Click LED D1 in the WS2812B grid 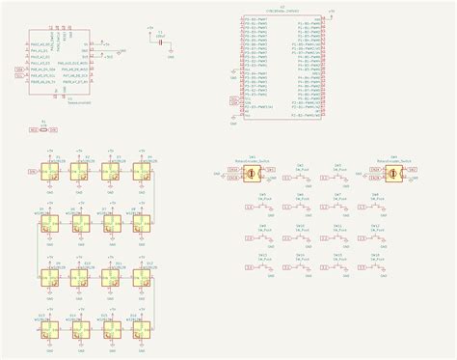click(48, 172)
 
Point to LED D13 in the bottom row click(48, 329)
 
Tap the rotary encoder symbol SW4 click(394, 172)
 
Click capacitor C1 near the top click(158, 43)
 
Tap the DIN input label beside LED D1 click(32, 172)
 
